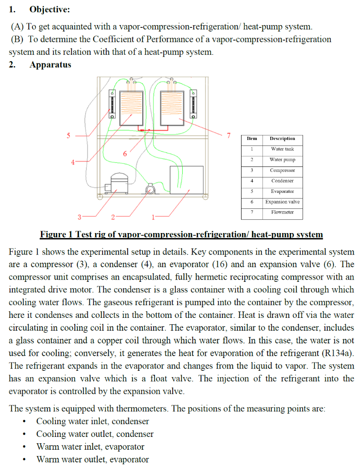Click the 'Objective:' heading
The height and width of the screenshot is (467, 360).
pyautogui.click(x=50, y=10)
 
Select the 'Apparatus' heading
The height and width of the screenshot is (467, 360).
pyautogui.click(x=50, y=65)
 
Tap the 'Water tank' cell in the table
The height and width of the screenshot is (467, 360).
pyautogui.click(x=282, y=149)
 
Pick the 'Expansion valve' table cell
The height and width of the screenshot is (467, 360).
pyautogui.click(x=282, y=202)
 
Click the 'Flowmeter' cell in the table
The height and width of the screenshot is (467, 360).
pyautogui.click(x=282, y=212)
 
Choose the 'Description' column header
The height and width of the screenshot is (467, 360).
pyautogui.click(x=282, y=139)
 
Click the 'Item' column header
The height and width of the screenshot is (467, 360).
pyautogui.click(x=252, y=139)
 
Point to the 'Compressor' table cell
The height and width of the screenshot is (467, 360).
pyautogui.click(x=282, y=170)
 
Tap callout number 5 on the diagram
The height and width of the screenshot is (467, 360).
pyautogui.click(x=69, y=135)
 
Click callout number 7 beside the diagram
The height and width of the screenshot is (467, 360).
pyautogui.click(x=229, y=135)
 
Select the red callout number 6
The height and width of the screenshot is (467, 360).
pyautogui.click(x=124, y=154)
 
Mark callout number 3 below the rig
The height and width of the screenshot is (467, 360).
pyautogui.click(x=80, y=216)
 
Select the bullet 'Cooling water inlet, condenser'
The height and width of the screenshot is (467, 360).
pyautogui.click(x=93, y=421)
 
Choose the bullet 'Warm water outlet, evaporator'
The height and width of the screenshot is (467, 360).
pyautogui.click(x=93, y=459)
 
